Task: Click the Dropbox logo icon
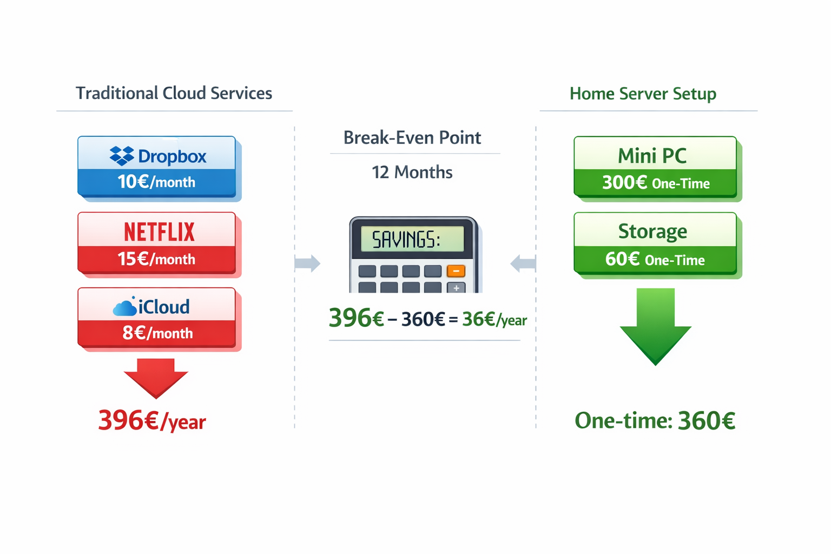coord(122,156)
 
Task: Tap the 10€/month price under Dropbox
coord(156,182)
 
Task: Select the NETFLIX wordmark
coord(159,232)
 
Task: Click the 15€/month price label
coord(156,259)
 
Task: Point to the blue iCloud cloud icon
coord(124,307)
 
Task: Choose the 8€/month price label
coord(157,333)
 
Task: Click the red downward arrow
coord(156,378)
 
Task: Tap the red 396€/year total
coord(152,421)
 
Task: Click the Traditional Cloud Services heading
coord(174,93)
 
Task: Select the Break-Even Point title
coord(412,137)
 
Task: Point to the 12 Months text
coord(412,173)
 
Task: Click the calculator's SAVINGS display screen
coord(407,239)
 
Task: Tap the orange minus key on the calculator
coord(456,271)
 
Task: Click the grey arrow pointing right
coord(307,263)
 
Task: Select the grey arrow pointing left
coord(523,263)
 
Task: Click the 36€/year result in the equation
coord(494,320)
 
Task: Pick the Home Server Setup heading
coord(643,94)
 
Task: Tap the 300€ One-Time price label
coord(656,183)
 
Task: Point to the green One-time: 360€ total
coord(655,421)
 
